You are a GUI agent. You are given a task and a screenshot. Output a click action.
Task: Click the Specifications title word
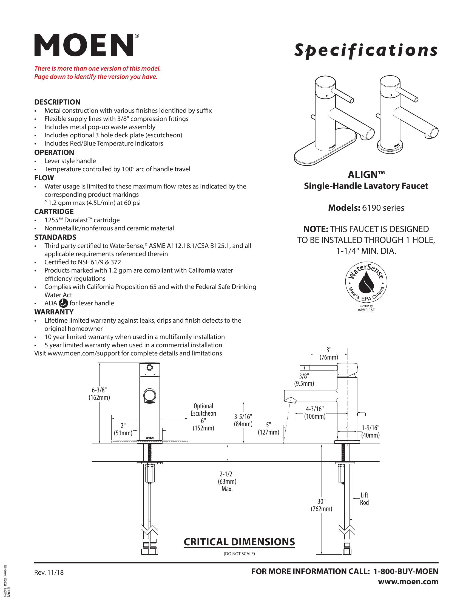[366, 50]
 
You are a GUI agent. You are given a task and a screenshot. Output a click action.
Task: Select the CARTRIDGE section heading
[54, 212]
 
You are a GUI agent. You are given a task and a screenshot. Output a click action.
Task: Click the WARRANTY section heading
[54, 312]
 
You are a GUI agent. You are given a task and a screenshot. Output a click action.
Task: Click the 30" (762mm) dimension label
[321, 505]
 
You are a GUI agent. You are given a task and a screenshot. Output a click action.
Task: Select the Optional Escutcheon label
[203, 410]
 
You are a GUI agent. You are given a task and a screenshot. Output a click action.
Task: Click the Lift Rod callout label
[364, 499]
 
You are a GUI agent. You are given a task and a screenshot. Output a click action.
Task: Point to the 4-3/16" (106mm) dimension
[315, 412]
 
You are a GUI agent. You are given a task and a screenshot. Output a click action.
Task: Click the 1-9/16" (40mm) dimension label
[371, 431]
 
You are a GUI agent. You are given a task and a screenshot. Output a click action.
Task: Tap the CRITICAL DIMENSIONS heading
[239, 542]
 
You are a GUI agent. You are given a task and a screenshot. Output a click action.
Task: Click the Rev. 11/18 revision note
[49, 572]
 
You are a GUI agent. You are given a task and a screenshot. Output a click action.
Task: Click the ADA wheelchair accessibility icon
[63, 303]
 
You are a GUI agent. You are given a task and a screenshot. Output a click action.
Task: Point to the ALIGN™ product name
[366, 175]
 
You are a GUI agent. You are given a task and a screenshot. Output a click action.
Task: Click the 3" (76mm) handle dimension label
[328, 354]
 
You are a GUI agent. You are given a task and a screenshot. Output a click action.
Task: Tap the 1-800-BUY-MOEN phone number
[405, 571]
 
